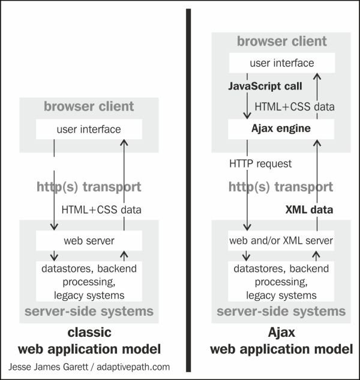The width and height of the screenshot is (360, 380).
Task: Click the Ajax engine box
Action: tap(281, 129)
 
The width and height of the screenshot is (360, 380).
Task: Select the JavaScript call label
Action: tap(265, 86)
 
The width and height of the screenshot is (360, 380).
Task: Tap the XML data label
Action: tap(309, 210)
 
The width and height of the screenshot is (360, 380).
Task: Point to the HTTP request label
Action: tap(260, 164)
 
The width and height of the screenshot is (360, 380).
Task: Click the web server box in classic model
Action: tap(89, 241)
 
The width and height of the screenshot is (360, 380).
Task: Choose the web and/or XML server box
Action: tap(281, 241)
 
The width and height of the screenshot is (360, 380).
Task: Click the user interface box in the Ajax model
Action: tap(282, 63)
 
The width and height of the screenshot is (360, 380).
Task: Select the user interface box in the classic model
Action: tap(89, 129)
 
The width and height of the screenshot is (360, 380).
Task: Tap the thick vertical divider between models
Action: tap(188, 190)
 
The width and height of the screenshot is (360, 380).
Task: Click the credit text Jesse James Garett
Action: tap(48, 367)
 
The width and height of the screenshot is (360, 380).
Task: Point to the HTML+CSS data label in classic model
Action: tap(101, 210)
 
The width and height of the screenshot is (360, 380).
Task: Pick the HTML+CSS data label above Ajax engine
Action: tap(295, 107)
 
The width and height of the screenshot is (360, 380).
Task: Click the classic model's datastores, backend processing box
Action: tap(89, 282)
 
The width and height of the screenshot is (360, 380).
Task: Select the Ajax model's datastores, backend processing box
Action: tap(281, 282)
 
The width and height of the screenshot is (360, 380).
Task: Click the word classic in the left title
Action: tap(89, 332)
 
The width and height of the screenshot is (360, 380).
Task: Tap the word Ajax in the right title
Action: tap(281, 333)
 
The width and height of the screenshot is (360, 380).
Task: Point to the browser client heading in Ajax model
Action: tap(282, 41)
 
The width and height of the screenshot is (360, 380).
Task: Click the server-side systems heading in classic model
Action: tap(89, 311)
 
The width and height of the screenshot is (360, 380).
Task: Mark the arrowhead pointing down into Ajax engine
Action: tap(247, 115)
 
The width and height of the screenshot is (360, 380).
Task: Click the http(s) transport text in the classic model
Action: tap(89, 187)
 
